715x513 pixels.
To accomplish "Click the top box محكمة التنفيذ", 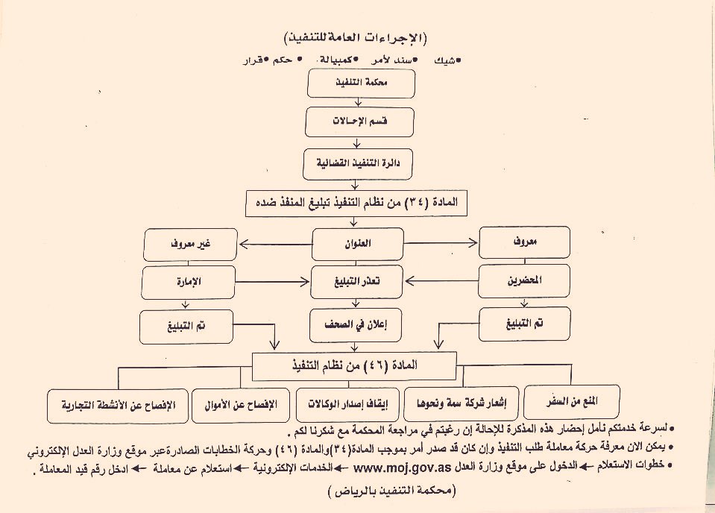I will tap(361, 85).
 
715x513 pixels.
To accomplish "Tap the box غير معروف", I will tap(190, 243).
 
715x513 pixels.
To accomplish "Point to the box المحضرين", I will tap(524, 283).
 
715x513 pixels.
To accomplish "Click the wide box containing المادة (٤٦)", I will tap(353, 365).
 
